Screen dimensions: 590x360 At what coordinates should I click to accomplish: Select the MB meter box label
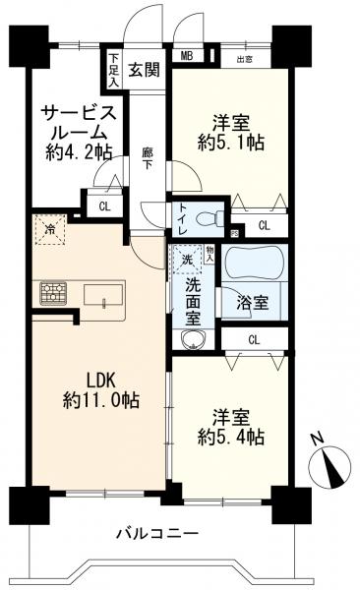185,56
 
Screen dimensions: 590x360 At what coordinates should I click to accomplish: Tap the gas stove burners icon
53,292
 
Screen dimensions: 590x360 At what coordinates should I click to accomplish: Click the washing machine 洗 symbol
187,260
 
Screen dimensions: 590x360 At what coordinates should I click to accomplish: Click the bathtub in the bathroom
254,264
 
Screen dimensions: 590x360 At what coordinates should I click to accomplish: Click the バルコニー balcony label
157,532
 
